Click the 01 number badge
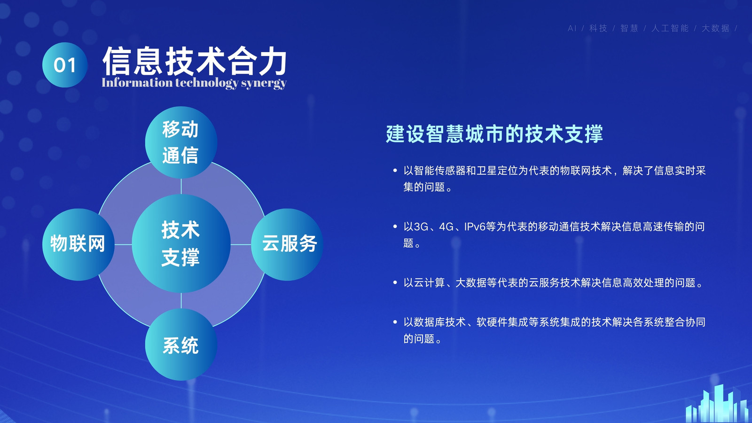pos(65,65)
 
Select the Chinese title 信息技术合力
pos(195,61)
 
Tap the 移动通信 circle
pos(181,142)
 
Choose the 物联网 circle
pos(78,244)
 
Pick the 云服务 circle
pos(287,244)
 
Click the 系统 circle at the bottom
pos(181,345)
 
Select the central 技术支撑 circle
pos(181,243)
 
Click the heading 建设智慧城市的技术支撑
pos(494,133)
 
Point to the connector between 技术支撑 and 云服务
pos(241,244)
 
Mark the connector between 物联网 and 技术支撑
pos(123,244)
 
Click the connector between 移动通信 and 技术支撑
pos(181,186)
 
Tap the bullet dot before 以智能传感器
pos(395,171)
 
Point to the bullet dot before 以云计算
pos(395,282)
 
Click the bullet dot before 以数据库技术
pos(395,322)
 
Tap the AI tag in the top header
pos(572,29)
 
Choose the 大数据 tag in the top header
pos(715,29)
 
